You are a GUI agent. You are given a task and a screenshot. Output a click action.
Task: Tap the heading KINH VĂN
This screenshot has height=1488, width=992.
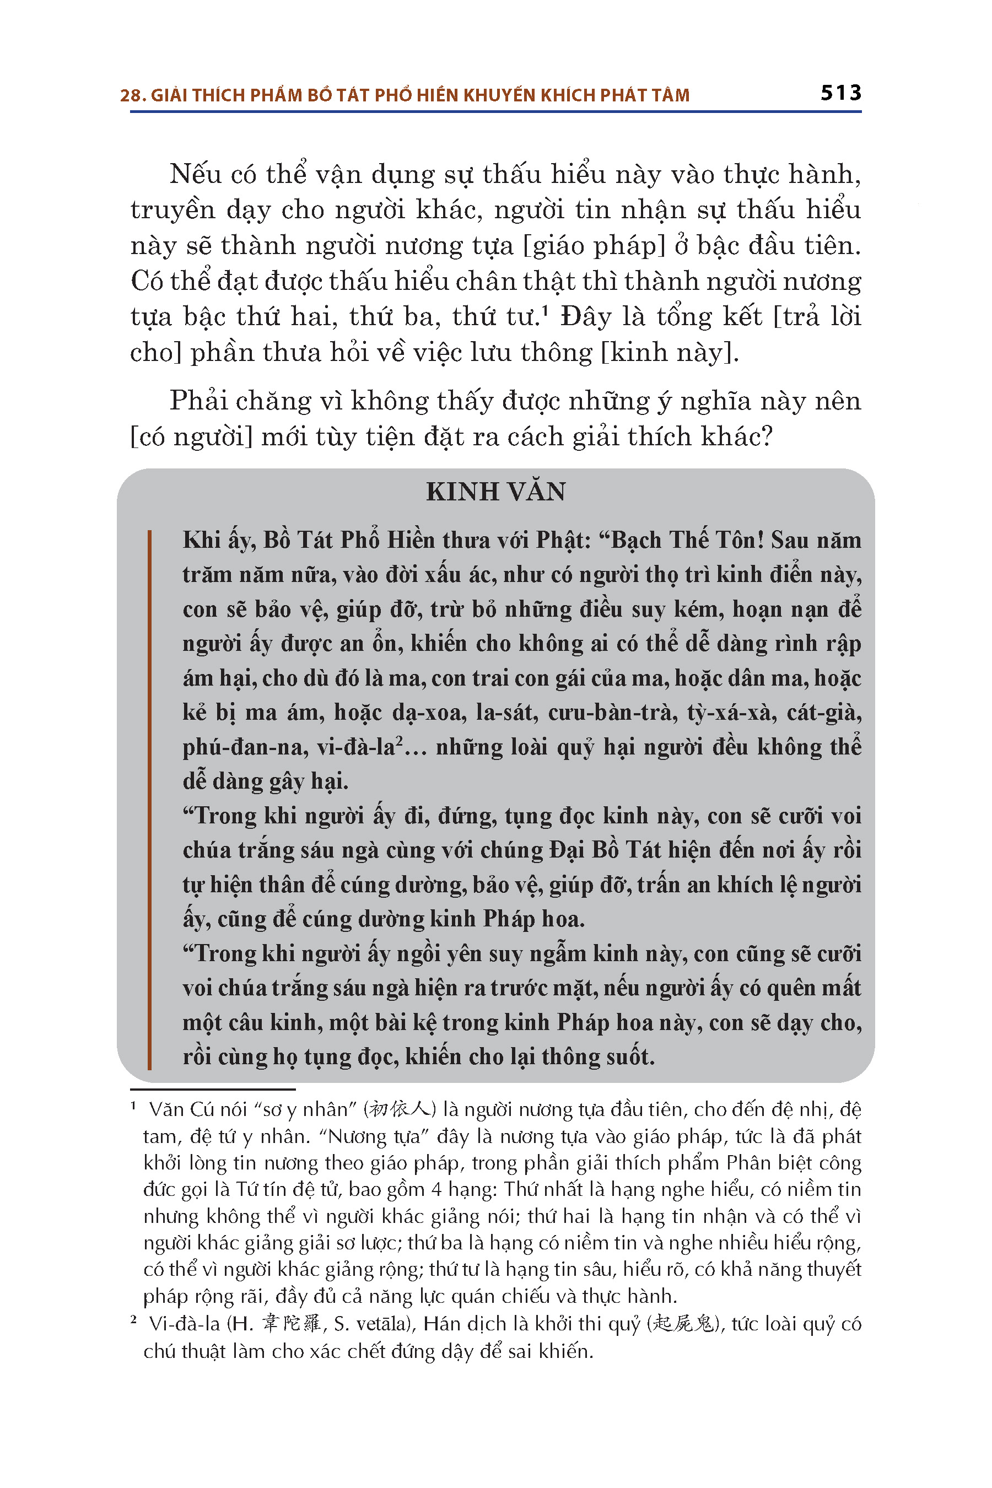[x=495, y=492]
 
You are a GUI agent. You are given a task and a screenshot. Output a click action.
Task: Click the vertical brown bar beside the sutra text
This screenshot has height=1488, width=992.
[x=149, y=800]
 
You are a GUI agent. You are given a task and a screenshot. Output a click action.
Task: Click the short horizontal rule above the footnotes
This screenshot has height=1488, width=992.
[x=213, y=1090]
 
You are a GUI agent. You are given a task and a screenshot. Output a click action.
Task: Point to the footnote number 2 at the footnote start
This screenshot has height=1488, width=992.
[x=133, y=1320]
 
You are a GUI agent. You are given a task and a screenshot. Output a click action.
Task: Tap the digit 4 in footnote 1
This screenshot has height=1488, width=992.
[x=436, y=1190]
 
